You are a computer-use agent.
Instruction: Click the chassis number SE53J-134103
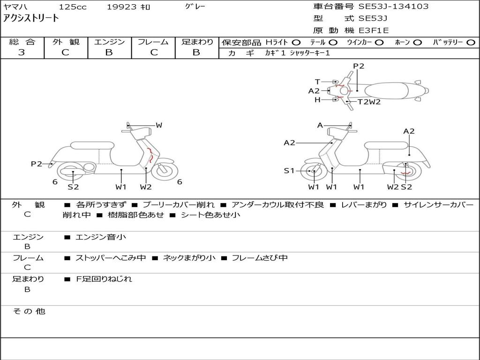tap(393, 7)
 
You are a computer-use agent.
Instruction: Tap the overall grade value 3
tap(22, 52)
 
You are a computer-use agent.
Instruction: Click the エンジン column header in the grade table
tap(109, 42)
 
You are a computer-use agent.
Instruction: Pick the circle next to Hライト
tap(296, 43)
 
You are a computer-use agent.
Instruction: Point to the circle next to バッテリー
tap(471, 43)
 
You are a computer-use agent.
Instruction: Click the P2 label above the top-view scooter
tap(359, 66)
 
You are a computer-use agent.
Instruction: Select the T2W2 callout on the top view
tap(369, 102)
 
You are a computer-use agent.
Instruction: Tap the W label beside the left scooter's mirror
tap(159, 125)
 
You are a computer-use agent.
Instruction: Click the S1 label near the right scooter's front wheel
tap(289, 171)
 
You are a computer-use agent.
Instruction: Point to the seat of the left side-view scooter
tap(92, 145)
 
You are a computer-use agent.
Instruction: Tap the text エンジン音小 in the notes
tap(101, 237)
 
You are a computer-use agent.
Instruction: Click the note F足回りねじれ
tap(104, 279)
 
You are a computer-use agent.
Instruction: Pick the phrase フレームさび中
tap(260, 258)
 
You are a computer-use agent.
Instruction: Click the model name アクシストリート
tap(31, 18)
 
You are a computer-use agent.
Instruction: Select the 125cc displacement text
tap(73, 7)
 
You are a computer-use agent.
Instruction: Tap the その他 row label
tap(29, 311)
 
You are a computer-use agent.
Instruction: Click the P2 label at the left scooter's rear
tap(37, 164)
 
